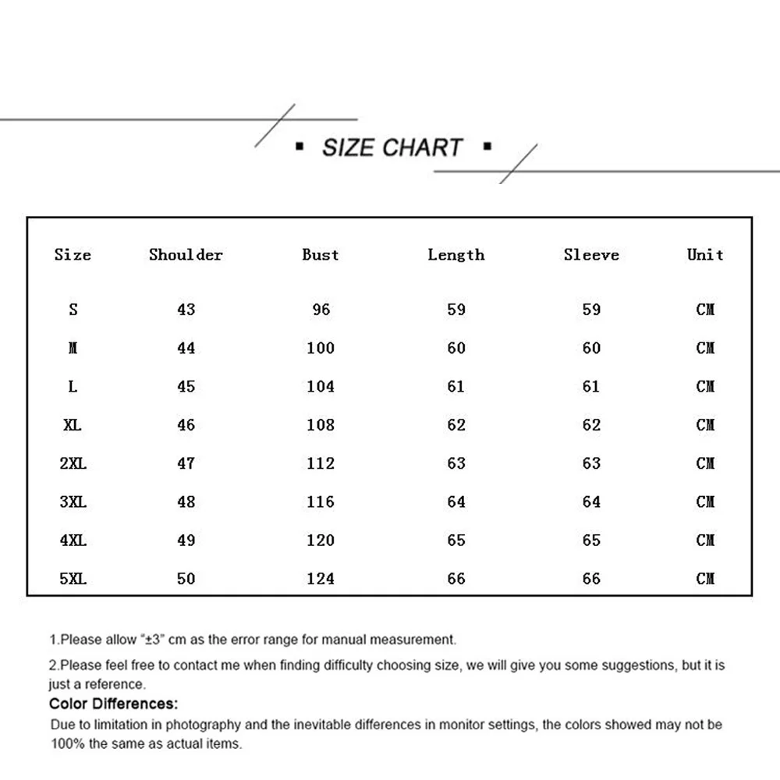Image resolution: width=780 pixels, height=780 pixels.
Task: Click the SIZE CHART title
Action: pos(392,147)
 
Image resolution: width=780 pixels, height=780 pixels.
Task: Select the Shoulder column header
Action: pos(186,255)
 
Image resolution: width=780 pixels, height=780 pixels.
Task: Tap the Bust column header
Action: pos(321,255)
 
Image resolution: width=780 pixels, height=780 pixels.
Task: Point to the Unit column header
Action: pos(705,255)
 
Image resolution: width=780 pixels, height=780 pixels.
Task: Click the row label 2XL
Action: pos(73,463)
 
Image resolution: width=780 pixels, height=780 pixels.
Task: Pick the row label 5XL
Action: pos(73,579)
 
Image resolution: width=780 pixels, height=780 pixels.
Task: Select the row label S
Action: pos(73,310)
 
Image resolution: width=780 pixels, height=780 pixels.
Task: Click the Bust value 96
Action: pos(321,310)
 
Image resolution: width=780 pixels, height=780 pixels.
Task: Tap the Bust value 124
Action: pos(321,579)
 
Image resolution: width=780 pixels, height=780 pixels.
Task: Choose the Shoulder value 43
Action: pos(186,310)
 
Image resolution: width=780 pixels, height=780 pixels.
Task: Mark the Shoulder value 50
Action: pos(186,579)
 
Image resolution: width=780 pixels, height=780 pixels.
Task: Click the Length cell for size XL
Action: pos(456,425)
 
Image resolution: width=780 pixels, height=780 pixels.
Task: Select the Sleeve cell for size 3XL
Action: pos(591,502)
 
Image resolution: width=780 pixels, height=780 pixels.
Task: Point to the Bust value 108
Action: pos(321,425)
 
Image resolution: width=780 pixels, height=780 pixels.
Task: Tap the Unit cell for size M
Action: pos(705,348)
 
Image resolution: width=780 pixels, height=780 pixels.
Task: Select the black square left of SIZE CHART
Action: pos(300,146)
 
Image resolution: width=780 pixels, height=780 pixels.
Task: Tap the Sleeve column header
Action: pos(591,255)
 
